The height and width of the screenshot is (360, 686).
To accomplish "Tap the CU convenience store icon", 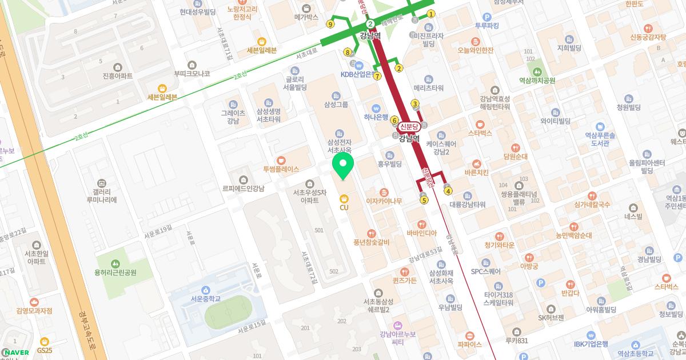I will pyautogui.click(x=344, y=198).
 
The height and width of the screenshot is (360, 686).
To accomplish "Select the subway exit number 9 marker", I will pyautogui.click(x=330, y=24).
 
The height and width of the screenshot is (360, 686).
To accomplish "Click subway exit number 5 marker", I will pyautogui.click(x=424, y=200).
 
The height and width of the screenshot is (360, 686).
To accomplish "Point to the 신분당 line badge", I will pyautogui.click(x=409, y=126).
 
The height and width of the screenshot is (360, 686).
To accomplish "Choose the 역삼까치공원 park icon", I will pyautogui.click(x=537, y=71).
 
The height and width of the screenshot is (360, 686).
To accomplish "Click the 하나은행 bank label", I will pyautogui.click(x=376, y=117).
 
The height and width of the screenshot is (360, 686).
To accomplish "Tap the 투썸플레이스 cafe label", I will pyautogui.click(x=281, y=169).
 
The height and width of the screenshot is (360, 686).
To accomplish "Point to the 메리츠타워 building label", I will pyautogui.click(x=429, y=88).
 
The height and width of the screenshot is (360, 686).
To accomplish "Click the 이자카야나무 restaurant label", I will pyautogui.click(x=384, y=201).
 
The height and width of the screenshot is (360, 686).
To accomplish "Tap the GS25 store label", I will pyautogui.click(x=45, y=350).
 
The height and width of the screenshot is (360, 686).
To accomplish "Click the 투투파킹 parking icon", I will pyautogui.click(x=487, y=17).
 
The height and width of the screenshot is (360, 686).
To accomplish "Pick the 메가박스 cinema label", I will pyautogui.click(x=306, y=17).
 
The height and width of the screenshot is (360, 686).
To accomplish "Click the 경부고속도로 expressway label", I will pyautogui.click(x=87, y=330).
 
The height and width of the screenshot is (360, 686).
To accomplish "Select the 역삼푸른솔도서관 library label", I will pyautogui.click(x=600, y=139).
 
